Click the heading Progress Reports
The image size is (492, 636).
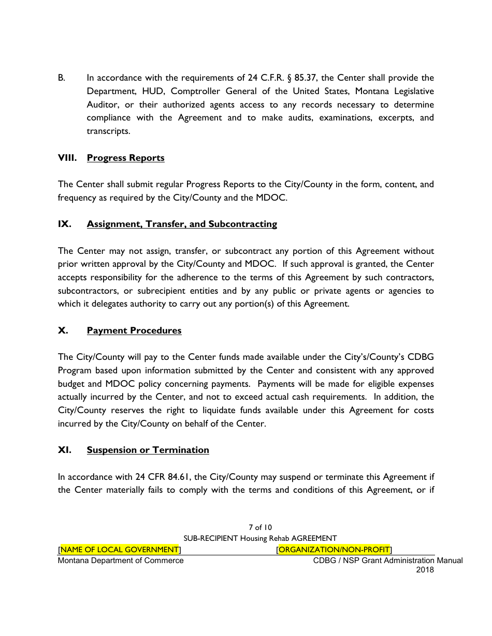coord(125,158)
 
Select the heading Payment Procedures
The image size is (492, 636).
coord(134,330)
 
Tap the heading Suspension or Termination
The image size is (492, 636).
coord(148,450)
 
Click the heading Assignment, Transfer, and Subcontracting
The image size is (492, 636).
coord(182,224)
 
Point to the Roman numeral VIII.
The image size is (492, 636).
coord(67,158)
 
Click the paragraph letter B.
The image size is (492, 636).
coord(61,78)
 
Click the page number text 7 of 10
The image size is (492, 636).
coord(259,527)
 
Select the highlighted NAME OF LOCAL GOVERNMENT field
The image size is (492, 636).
coord(120,549)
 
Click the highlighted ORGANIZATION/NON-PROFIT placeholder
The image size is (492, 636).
coord(334,549)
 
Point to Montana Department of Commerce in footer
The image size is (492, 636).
coord(121,561)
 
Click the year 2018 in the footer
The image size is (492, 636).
coord(425,570)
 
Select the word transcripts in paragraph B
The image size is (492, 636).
coord(108,131)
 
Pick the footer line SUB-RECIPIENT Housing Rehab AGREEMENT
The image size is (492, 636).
coord(260,538)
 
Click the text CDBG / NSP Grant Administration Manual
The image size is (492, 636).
coord(388,561)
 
